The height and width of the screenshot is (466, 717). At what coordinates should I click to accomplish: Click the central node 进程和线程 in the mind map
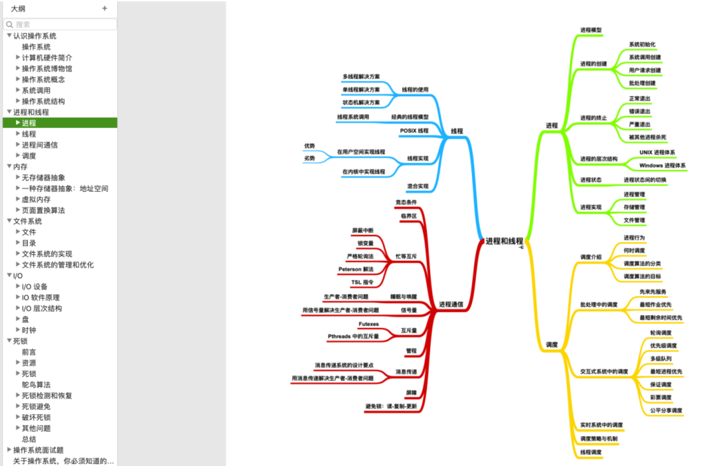pyautogui.click(x=504, y=241)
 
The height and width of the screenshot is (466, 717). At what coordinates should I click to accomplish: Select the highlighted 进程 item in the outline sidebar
pyautogui.click(x=29, y=123)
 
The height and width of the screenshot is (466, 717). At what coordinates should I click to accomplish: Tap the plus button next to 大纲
pyautogui.click(x=104, y=9)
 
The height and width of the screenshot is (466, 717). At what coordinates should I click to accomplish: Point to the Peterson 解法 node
pyautogui.click(x=356, y=269)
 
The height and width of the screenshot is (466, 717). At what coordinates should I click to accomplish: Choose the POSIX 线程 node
pyautogui.click(x=414, y=131)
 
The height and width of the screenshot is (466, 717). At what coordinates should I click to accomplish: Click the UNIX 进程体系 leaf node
pyautogui.click(x=657, y=152)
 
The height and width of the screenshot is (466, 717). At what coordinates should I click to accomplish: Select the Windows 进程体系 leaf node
pyautogui.click(x=663, y=165)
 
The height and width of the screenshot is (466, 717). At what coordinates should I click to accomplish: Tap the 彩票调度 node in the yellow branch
pyautogui.click(x=661, y=398)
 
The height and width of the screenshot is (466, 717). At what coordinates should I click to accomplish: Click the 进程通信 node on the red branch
pyautogui.click(x=451, y=305)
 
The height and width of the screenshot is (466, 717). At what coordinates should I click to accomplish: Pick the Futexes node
pyautogui.click(x=368, y=324)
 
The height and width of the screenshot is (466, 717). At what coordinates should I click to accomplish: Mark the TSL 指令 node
pyautogui.click(x=362, y=282)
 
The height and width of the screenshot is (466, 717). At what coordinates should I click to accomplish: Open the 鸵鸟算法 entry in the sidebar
pyautogui.click(x=36, y=384)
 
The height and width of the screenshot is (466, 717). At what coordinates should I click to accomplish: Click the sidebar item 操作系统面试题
pyautogui.click(x=39, y=450)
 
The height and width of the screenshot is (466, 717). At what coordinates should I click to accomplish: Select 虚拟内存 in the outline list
pyautogui.click(x=36, y=199)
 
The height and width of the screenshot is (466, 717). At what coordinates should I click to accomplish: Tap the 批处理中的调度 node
pyautogui.click(x=598, y=305)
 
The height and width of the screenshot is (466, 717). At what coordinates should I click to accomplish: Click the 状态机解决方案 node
pyautogui.click(x=361, y=103)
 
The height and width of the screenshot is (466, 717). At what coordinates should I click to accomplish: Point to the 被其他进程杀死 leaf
pyautogui.click(x=647, y=137)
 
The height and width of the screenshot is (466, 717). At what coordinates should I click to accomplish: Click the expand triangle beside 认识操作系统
pyautogui.click(x=9, y=36)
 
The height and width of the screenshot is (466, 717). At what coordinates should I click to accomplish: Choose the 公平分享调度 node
pyautogui.click(x=666, y=411)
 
